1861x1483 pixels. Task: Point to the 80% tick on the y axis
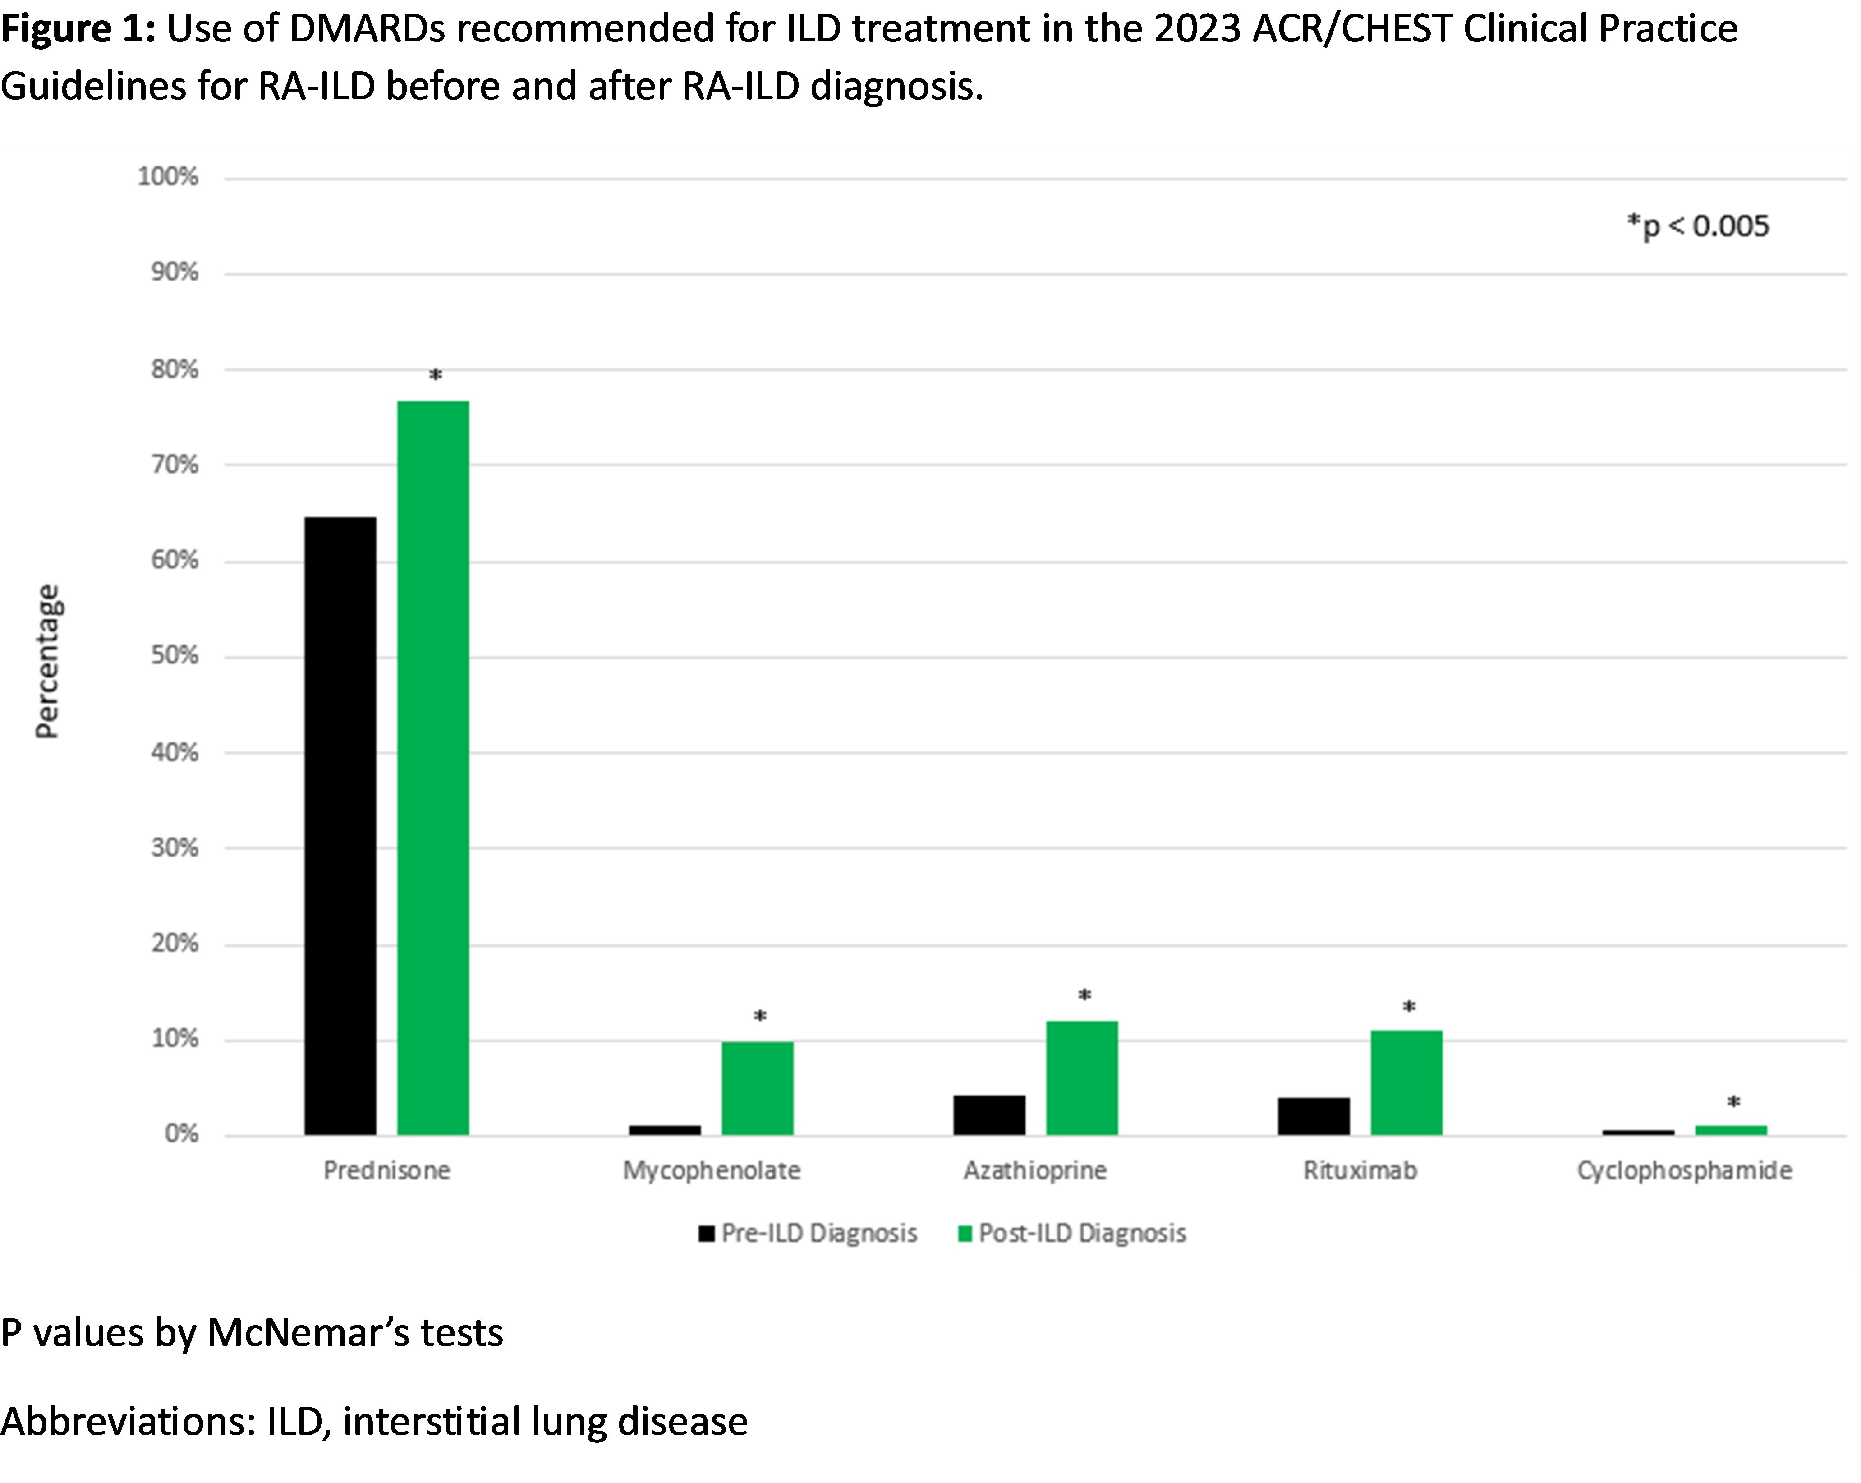[x=175, y=369]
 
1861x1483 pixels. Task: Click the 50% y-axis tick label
[x=175, y=656]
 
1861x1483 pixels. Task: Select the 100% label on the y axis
[x=168, y=177]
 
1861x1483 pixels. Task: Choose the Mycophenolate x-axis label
[x=711, y=1170]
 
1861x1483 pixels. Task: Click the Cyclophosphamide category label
[x=1684, y=1170]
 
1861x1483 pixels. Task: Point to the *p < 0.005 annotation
[x=1698, y=226]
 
